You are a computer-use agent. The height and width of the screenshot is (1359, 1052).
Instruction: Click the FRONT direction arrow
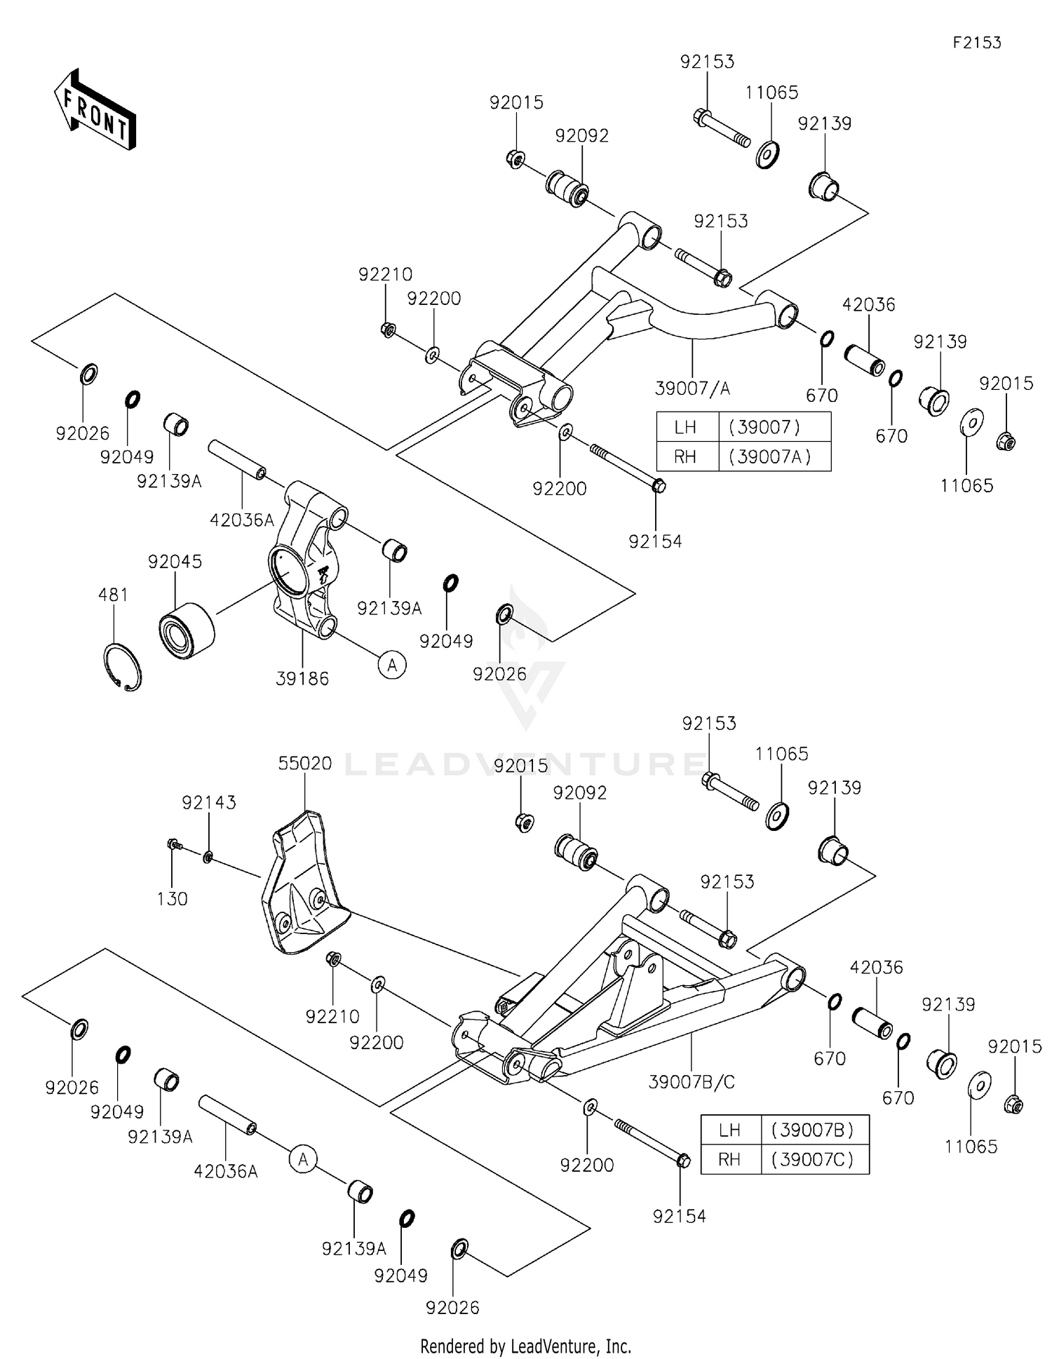tap(95, 109)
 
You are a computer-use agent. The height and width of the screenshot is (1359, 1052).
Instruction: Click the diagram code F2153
tap(976, 43)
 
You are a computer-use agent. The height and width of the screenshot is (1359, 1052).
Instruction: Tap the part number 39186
tap(302, 678)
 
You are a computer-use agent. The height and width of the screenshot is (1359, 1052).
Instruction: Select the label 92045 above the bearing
tap(175, 562)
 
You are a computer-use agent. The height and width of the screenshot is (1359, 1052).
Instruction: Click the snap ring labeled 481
tap(122, 666)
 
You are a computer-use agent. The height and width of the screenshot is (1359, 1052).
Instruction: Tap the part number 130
tap(172, 899)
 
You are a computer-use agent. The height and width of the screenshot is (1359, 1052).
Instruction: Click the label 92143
tap(209, 802)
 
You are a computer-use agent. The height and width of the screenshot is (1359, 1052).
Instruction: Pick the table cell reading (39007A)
tap(774, 457)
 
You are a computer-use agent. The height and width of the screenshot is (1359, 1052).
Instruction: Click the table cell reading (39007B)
tap(814, 1130)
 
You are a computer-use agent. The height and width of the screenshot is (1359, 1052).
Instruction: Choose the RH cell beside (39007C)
tap(729, 1159)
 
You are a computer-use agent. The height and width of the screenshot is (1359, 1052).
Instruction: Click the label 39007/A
tap(692, 388)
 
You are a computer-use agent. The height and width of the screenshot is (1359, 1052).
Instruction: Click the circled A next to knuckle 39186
tap(392, 664)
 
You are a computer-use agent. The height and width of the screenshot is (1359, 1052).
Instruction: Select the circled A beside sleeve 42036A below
tap(303, 1159)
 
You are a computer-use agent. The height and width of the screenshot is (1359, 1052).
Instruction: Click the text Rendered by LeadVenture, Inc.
tap(525, 1346)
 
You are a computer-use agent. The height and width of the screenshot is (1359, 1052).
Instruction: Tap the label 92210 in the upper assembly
tap(385, 274)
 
